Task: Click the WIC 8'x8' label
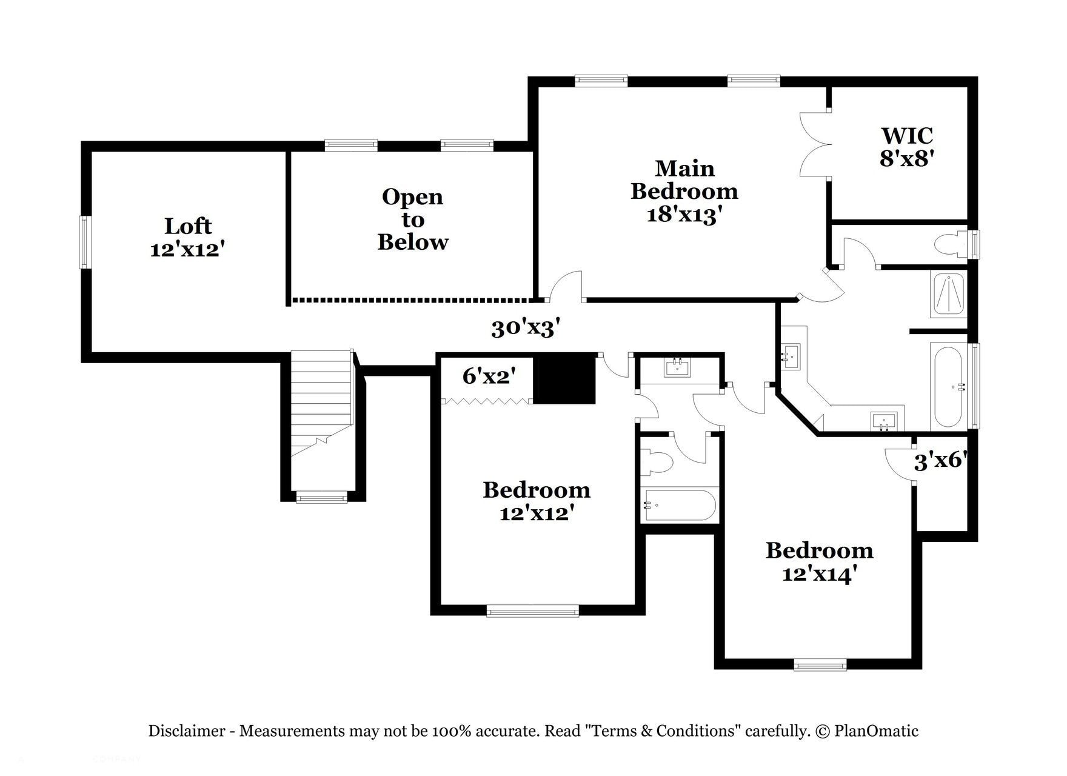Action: coord(906,147)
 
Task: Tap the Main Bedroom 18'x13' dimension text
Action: coord(684,191)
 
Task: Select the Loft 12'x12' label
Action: coord(188,237)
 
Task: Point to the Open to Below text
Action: coord(412,219)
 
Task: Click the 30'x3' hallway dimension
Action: coord(525,329)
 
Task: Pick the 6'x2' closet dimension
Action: coord(489,376)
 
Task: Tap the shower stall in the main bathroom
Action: coord(949,295)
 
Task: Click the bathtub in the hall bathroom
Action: coord(679,505)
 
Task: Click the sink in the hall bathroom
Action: coord(677,367)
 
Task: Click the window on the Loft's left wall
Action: coord(85,242)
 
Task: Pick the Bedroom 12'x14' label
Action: coord(819,561)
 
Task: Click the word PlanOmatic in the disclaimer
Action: coord(876,731)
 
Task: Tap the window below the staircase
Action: coord(322,498)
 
